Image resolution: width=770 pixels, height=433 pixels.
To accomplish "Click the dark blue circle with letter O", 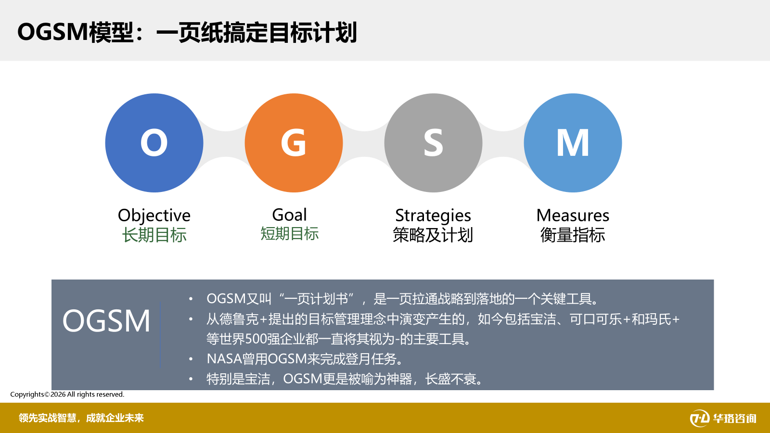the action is point(154,142).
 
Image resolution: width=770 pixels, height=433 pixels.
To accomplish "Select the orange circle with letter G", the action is point(294,142).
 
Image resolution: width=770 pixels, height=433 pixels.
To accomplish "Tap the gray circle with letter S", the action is point(433,142).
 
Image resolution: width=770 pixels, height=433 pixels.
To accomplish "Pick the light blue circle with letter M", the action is point(573,142).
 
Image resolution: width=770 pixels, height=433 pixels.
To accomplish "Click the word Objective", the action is point(154,216).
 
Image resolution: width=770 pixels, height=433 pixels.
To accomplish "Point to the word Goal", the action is point(289,215).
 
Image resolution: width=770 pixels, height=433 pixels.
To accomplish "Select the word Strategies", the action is point(433,216).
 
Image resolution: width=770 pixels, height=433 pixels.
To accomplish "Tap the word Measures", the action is point(573,216).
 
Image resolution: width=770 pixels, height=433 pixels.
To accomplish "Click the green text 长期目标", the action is point(154,235).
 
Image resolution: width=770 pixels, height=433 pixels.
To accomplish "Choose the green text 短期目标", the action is point(289,234).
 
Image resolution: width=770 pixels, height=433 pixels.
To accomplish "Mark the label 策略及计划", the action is point(433,235).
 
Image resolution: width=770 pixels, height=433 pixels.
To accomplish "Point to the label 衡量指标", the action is point(573,235).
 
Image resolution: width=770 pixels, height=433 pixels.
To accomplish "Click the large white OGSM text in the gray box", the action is point(106,320).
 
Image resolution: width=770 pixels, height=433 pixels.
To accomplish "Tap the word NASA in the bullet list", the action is point(224,359).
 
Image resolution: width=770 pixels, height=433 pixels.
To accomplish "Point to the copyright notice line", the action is point(67,394).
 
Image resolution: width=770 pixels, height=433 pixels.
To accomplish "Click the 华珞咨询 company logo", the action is point(723,418).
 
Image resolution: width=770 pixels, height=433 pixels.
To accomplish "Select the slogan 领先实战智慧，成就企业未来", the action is point(81,418).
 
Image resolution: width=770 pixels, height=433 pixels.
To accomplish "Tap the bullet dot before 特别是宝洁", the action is point(191,379).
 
